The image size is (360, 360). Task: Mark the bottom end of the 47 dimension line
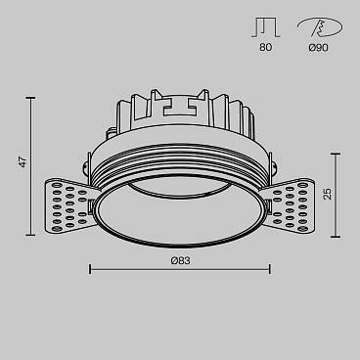click(32, 235)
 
